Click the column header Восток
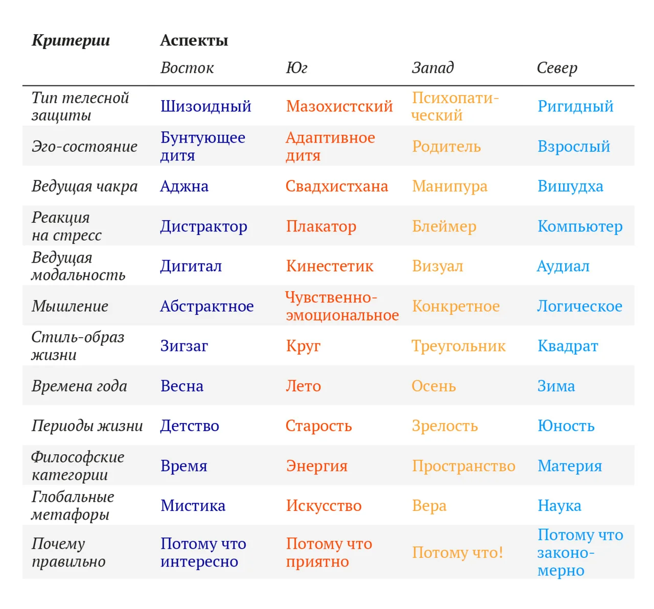click(x=187, y=68)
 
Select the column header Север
click(x=557, y=68)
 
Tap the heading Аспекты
click(x=194, y=40)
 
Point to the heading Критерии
click(x=71, y=40)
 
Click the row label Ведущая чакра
click(x=85, y=186)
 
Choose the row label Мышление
click(x=70, y=306)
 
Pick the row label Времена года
click(x=79, y=386)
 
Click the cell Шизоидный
click(x=206, y=106)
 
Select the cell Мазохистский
click(x=339, y=106)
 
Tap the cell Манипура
click(x=450, y=186)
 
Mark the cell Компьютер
click(x=580, y=226)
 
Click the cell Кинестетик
click(x=330, y=266)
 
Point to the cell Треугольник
click(x=459, y=346)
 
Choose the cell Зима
click(x=556, y=386)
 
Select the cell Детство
click(x=190, y=426)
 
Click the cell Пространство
click(x=463, y=466)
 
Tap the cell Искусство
click(x=323, y=506)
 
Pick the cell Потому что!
click(x=457, y=553)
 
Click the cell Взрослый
click(x=574, y=147)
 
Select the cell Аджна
click(x=184, y=186)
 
